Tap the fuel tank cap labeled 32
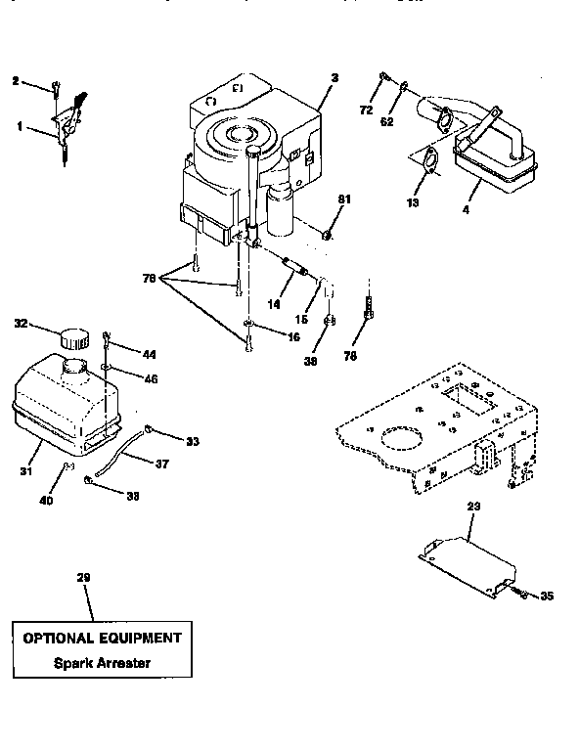[73, 339]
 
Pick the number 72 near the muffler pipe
[366, 110]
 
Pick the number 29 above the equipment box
[83, 579]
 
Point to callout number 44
[150, 353]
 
